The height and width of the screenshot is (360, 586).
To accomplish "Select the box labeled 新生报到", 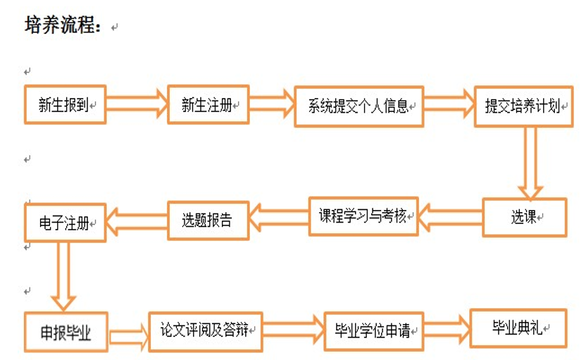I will point(65,105).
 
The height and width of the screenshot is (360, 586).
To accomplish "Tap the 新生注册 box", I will point(208,105).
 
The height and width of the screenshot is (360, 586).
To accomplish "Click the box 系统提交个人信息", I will point(359,107).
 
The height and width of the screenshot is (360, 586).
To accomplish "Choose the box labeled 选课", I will point(524,217).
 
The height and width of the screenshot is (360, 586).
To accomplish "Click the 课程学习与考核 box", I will point(363,216).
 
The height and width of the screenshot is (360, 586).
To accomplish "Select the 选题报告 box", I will point(208,220).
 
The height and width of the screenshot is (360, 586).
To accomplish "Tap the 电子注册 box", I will point(65,222).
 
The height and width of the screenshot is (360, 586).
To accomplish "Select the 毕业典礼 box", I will point(518,328).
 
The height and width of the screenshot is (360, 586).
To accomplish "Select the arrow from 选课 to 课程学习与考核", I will point(450,217).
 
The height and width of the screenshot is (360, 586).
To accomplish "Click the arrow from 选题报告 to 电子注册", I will point(136,221).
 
